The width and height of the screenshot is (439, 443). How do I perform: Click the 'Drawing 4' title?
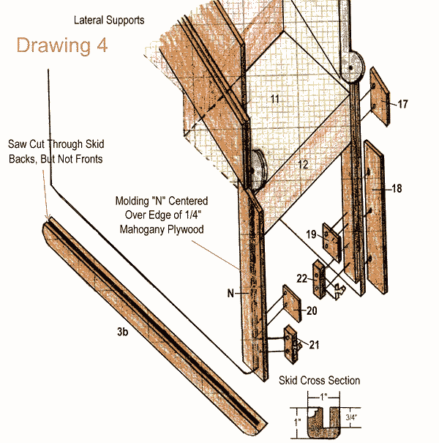[x=62, y=45]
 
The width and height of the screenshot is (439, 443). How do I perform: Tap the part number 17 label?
[x=402, y=104]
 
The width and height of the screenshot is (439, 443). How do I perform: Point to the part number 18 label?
[x=397, y=189]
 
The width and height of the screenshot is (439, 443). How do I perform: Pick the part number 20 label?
[x=312, y=311]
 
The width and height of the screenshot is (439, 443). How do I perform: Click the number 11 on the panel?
[x=274, y=97]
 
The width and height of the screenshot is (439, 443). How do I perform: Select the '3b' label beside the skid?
[x=124, y=332]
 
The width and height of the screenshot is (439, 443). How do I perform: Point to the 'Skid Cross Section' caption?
[x=319, y=381]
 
